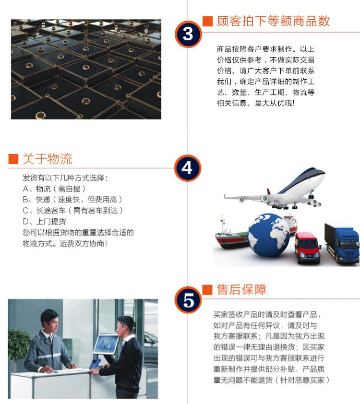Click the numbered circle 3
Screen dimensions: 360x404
[x=188, y=34]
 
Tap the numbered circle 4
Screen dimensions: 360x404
[x=187, y=168]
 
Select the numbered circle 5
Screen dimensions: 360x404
[x=188, y=300]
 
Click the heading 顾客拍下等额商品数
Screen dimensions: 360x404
[x=273, y=21]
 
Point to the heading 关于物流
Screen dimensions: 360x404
[x=48, y=159]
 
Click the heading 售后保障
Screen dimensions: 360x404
[x=241, y=289]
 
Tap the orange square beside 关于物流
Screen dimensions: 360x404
[x=13, y=159]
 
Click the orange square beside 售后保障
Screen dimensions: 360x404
[x=207, y=290]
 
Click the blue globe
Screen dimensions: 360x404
[x=269, y=235]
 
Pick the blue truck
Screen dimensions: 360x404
[x=342, y=243]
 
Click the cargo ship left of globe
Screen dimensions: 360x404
[x=231, y=236]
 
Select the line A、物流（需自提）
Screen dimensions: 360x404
[x=54, y=189]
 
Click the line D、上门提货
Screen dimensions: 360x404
[x=44, y=221]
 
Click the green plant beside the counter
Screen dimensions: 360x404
[x=18, y=345]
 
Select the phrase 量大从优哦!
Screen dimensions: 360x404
[x=275, y=103]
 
